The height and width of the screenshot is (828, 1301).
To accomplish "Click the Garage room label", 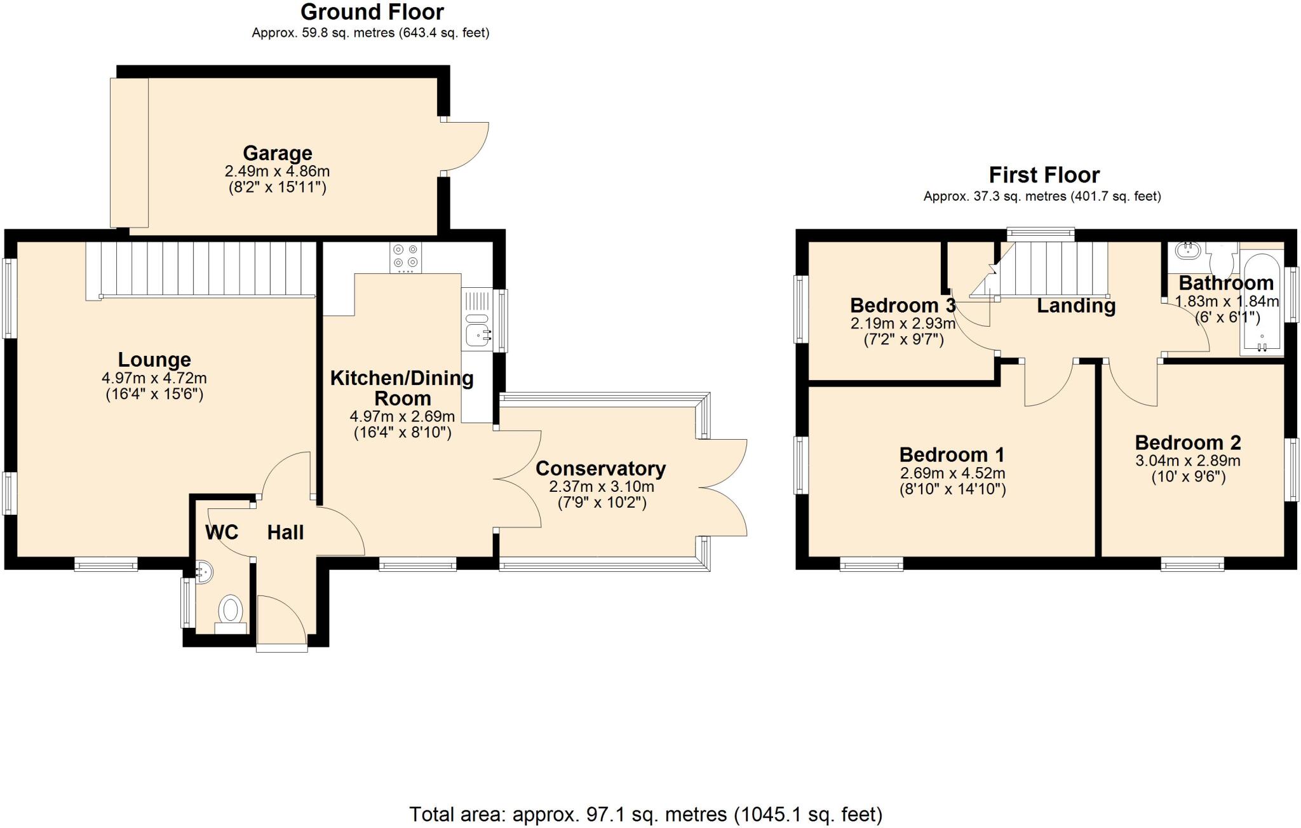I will (x=278, y=153).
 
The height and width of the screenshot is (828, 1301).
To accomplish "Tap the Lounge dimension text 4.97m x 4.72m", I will (x=154, y=378).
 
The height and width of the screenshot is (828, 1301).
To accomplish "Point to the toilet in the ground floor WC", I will (x=231, y=611).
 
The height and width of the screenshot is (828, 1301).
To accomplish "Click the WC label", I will (x=222, y=533).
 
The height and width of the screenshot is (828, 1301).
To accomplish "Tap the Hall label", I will (x=285, y=533).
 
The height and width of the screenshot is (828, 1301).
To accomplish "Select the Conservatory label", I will (x=600, y=468).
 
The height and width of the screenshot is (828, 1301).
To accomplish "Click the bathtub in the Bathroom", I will (x=1261, y=305).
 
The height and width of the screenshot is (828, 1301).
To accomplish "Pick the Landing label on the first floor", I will (x=1076, y=306).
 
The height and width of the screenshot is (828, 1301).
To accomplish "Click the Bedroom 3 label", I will (x=902, y=306).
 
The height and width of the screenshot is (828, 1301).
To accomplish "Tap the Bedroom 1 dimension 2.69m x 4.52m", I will (x=952, y=473).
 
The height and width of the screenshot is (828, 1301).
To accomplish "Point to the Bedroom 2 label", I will (x=1188, y=442).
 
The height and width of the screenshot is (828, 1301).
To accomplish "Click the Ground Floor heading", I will (x=372, y=12).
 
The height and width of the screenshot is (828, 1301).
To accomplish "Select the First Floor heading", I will (x=1044, y=175).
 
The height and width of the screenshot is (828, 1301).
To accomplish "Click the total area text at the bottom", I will (x=645, y=814).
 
